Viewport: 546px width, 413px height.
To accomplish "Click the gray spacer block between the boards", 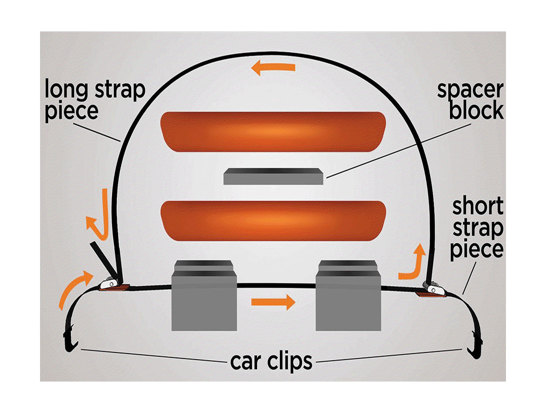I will (273, 176).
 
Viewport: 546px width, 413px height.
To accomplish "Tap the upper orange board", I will (273, 131).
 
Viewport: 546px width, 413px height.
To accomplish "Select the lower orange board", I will (273, 221).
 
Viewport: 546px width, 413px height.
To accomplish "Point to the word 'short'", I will (477, 207).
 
